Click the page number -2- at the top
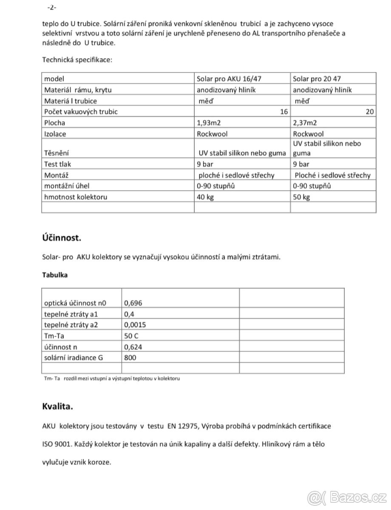(x=51, y=8)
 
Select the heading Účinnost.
(x=61, y=238)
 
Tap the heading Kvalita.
(x=58, y=406)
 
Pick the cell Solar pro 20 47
(x=317, y=79)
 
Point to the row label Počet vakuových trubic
(x=81, y=112)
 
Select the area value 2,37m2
(x=305, y=123)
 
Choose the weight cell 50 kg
(x=301, y=197)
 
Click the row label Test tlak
(x=58, y=164)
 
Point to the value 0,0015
(x=135, y=325)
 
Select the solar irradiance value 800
(x=130, y=357)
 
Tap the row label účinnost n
(x=61, y=347)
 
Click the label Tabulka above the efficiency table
(x=54, y=275)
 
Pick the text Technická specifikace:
(x=77, y=59)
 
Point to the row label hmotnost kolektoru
(x=76, y=197)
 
